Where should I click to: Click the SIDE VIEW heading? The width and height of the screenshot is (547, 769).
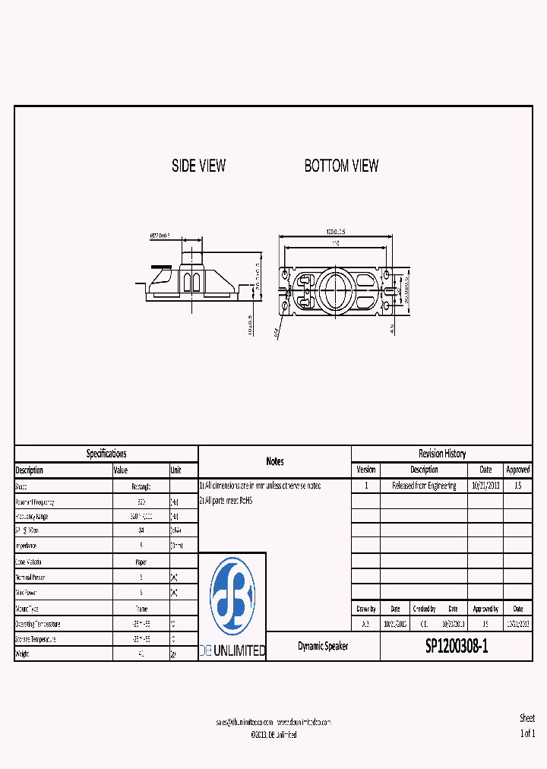[198, 166]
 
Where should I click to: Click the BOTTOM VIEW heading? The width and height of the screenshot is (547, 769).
[341, 166]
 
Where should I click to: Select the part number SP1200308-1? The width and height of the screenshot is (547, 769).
[456, 646]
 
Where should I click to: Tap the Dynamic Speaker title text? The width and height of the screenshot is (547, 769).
[323, 646]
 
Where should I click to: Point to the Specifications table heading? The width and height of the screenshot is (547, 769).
[106, 454]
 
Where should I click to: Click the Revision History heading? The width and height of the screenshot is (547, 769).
[442, 454]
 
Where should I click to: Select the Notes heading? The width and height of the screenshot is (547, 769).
[275, 461]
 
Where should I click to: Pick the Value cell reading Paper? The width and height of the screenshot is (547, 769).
[141, 562]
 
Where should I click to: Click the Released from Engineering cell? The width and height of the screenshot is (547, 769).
[424, 486]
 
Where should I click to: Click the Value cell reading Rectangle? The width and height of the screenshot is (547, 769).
[141, 486]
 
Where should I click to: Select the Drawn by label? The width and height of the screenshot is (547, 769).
[365, 609]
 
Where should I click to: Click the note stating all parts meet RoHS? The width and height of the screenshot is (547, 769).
[227, 501]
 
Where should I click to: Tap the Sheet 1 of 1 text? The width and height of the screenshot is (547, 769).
[527, 726]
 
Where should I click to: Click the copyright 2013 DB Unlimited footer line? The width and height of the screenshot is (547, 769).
[273, 735]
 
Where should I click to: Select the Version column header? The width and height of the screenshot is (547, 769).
[365, 470]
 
